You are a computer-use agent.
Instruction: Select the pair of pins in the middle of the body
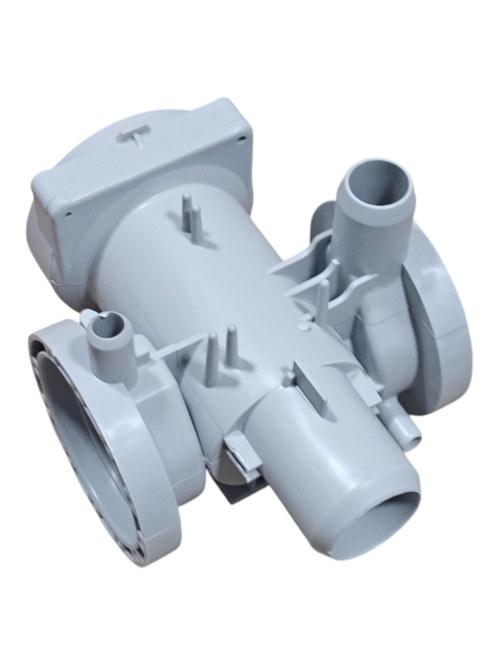(221, 349)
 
